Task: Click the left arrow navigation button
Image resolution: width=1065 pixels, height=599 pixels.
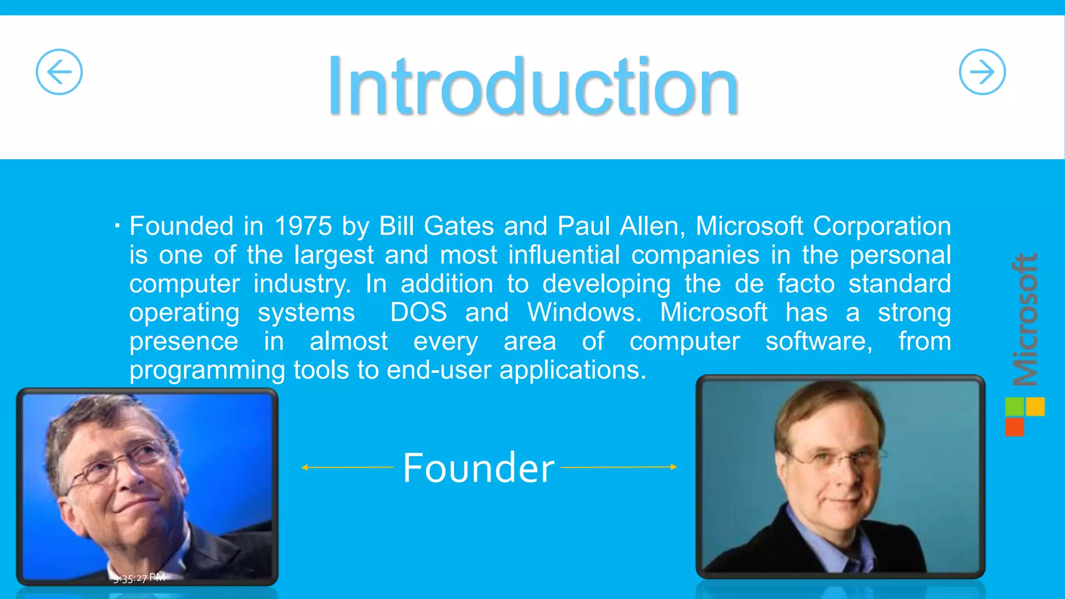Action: (59, 72)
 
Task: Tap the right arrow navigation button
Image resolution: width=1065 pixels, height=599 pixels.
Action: (982, 72)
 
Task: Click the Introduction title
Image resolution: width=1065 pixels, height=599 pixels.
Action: (532, 86)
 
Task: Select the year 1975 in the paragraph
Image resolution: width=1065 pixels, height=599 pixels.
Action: (303, 226)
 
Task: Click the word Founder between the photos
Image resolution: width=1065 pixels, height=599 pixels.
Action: (478, 468)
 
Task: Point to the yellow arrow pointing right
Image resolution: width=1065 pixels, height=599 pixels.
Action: (619, 467)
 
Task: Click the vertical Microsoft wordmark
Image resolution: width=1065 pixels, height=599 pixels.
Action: (1025, 320)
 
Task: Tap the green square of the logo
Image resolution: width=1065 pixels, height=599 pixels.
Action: (1014, 407)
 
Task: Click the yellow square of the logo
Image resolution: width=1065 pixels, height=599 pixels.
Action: (1035, 407)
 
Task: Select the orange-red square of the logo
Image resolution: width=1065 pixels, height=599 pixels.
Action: (1014, 427)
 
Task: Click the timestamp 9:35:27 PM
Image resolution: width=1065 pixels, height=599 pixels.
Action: (139, 578)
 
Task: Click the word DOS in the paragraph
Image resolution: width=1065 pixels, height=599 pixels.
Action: (418, 312)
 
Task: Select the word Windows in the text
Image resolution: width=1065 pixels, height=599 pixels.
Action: (583, 312)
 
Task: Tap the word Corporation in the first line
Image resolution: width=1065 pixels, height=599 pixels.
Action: (881, 226)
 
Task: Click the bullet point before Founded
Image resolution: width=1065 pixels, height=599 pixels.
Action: (118, 226)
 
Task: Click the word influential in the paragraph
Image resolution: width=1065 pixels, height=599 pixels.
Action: (564, 255)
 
